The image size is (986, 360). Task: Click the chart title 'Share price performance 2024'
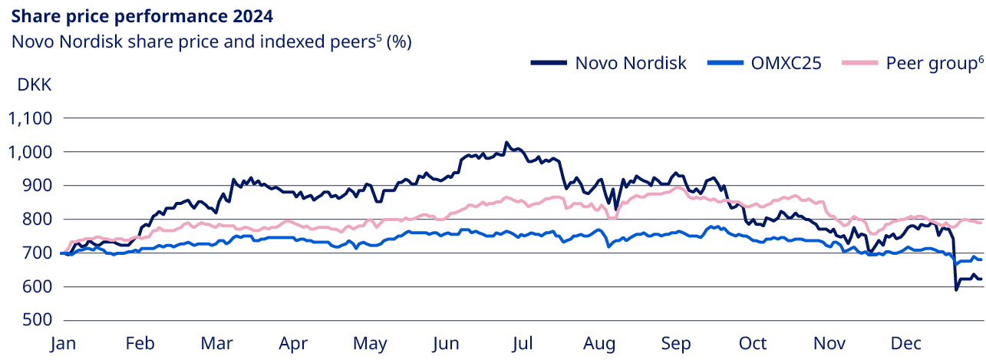pyautogui.click(x=142, y=15)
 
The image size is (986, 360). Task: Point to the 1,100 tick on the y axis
pyautogui.click(x=29, y=118)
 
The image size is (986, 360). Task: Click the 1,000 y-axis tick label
pyautogui.click(x=29, y=152)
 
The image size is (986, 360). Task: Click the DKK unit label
pyautogui.click(x=35, y=84)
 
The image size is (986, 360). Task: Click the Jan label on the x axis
pyautogui.click(x=64, y=345)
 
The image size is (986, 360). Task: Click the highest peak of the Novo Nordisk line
pyautogui.click(x=506, y=143)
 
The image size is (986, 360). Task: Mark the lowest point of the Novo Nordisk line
pyautogui.click(x=955, y=289)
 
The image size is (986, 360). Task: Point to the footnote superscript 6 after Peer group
pyautogui.click(x=980, y=59)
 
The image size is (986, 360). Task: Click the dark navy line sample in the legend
pyautogui.click(x=549, y=63)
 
